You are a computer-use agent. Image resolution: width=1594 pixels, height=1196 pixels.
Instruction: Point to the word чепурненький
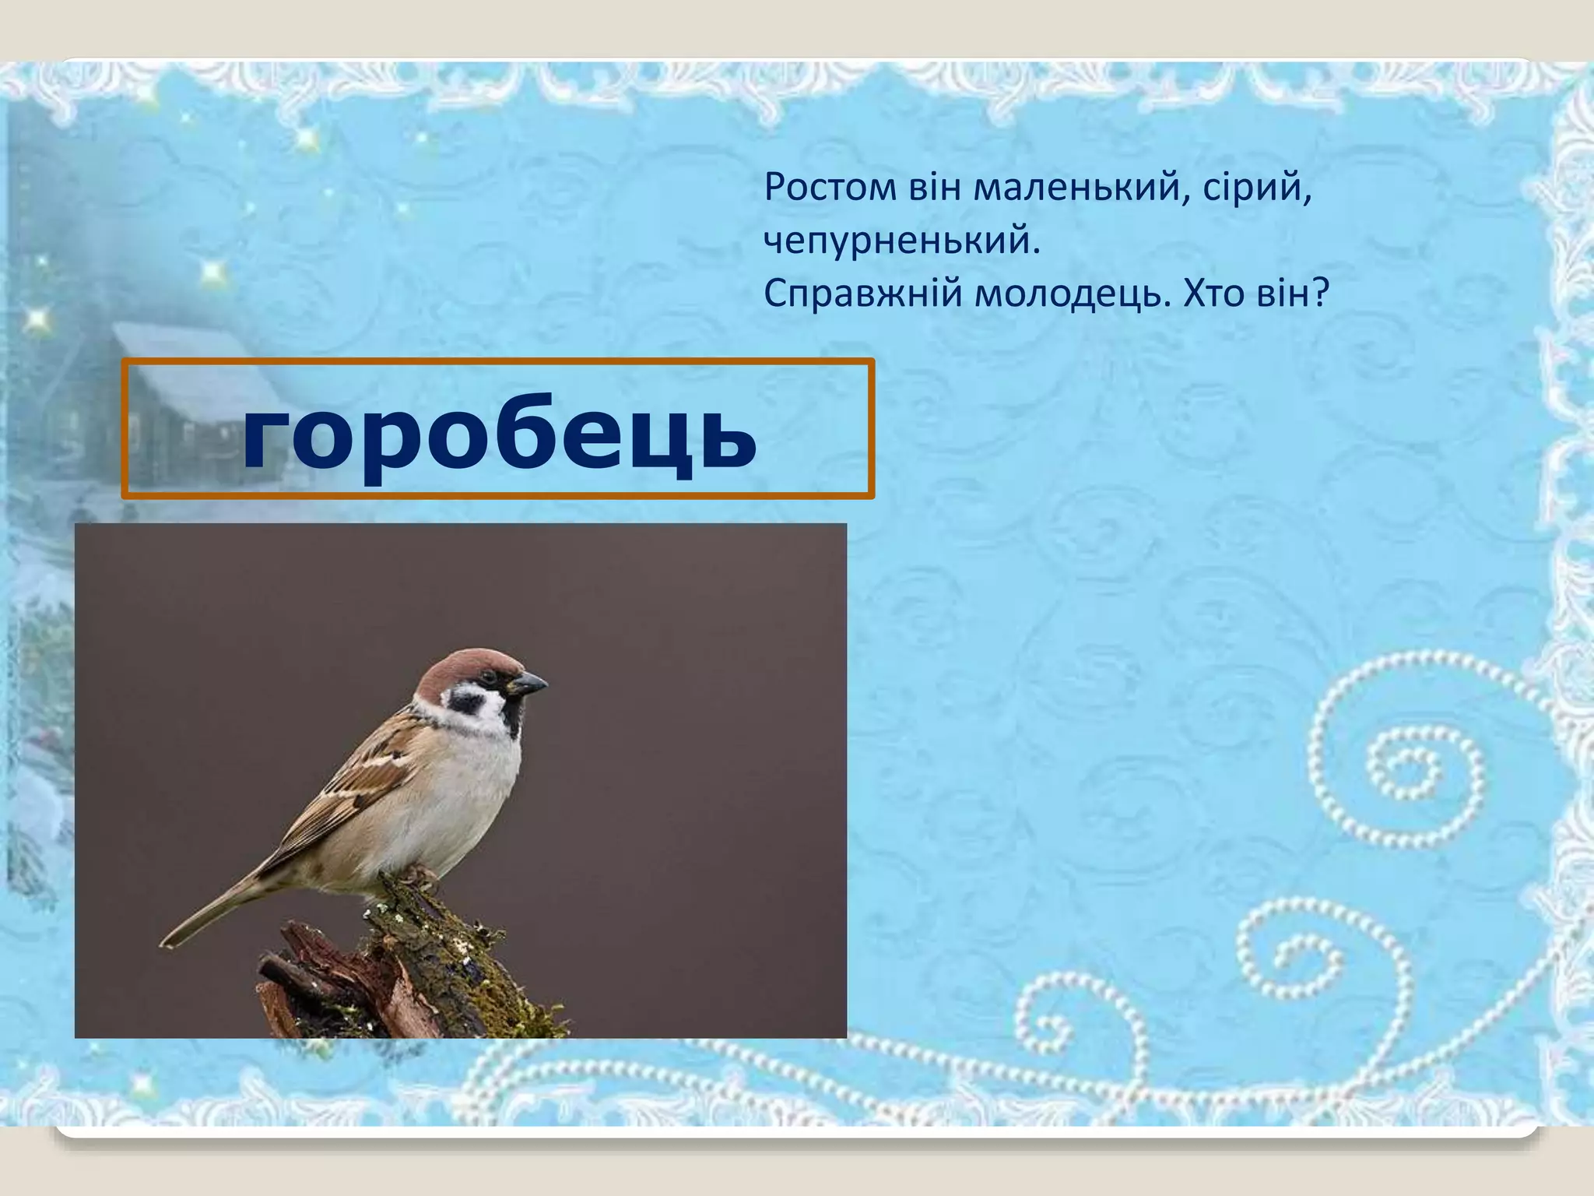(902, 241)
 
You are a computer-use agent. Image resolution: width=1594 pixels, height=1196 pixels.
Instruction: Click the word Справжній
(860, 294)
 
